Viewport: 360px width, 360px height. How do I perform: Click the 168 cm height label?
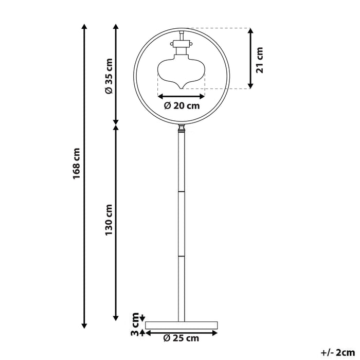(x=77, y=164)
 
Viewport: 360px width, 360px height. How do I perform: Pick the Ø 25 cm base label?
(x=181, y=338)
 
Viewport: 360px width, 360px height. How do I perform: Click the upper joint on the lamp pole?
(x=181, y=192)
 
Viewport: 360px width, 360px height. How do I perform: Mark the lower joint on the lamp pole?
(x=181, y=255)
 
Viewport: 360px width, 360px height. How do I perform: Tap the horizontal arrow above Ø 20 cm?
(x=182, y=96)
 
